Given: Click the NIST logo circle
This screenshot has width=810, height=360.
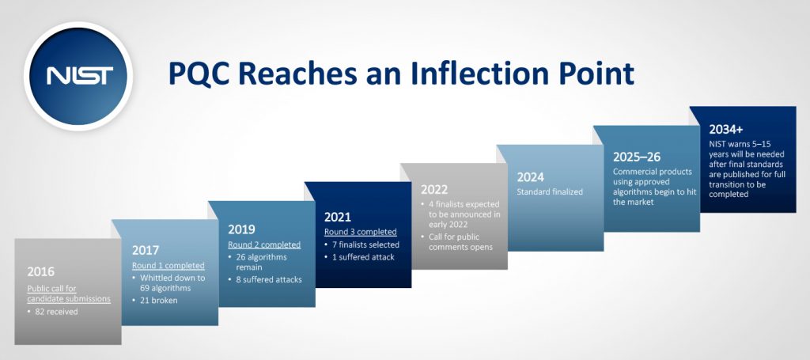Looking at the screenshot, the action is tap(78, 76).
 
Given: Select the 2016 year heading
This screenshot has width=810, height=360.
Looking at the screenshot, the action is tap(41, 271).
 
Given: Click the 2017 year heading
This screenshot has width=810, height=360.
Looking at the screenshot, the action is tap(146, 251).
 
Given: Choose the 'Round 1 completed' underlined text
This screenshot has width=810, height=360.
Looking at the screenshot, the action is tap(168, 266).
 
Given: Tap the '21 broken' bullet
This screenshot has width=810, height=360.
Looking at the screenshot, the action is tap(154, 300).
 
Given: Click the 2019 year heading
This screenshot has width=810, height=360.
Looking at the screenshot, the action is tap(242, 229).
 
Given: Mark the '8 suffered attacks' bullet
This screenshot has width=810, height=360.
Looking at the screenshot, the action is tap(264, 279).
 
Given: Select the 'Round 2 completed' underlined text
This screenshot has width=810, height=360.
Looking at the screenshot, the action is tap(264, 244).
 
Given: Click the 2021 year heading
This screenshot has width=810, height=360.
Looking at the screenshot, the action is tap(338, 217).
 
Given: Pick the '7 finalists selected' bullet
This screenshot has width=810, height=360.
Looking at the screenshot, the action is tap(361, 244).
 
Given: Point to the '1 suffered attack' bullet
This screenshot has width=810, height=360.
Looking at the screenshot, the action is tap(358, 256).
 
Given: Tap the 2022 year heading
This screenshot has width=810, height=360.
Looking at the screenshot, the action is tap(434, 190).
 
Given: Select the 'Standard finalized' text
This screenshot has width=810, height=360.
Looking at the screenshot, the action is tap(550, 191).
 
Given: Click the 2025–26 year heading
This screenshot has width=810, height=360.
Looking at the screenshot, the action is tap(637, 157).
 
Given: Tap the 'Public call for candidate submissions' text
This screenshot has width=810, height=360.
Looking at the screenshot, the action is tap(69, 294).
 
